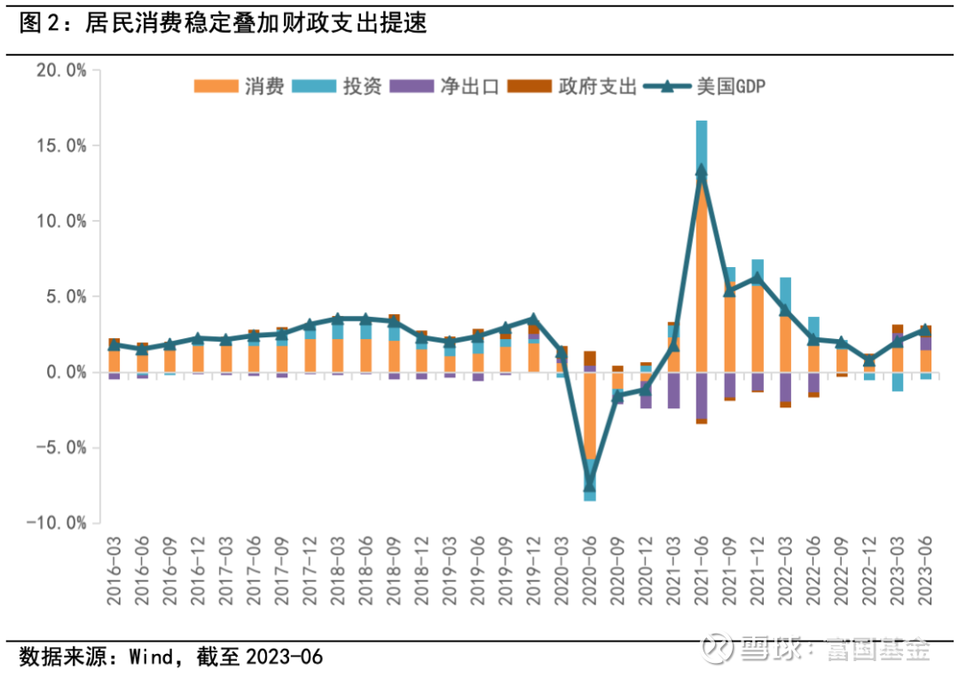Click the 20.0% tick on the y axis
tap(61, 70)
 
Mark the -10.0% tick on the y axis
tap(57, 524)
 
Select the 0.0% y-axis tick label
tap(65, 372)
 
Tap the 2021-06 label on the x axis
tap(701, 573)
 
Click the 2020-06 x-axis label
tap(590, 573)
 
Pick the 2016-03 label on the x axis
tap(114, 573)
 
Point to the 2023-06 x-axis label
tap(924, 573)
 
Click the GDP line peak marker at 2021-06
tap(702, 170)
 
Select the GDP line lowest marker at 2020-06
tap(590, 485)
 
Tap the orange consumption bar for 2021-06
tap(702, 275)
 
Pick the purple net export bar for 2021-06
tap(702, 395)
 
